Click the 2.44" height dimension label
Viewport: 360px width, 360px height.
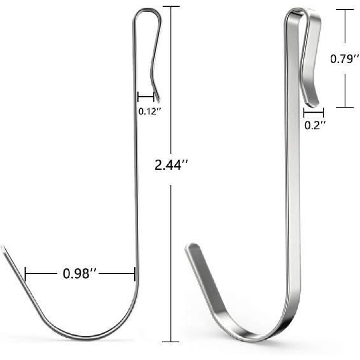coord(171,166)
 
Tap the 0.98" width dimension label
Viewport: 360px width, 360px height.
coord(80,274)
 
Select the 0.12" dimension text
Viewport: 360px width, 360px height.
coord(149,111)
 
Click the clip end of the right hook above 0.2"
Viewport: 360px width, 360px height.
coord(312,100)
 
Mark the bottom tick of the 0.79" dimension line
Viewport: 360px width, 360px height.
coord(345,107)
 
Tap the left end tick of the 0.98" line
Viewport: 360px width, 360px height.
coord(25,274)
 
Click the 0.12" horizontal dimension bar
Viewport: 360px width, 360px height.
coord(146,97)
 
